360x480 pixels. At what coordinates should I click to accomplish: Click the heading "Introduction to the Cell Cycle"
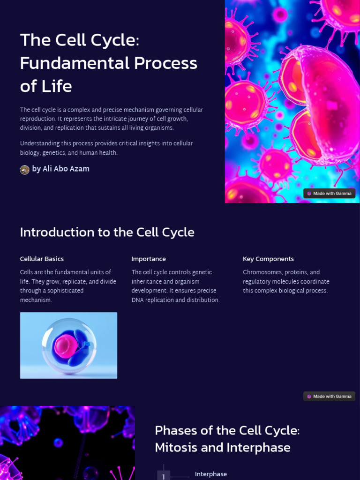107,232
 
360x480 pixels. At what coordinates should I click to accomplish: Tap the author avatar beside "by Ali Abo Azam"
25,169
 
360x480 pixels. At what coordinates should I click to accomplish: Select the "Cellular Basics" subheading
42,259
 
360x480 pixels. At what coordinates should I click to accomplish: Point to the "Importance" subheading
149,259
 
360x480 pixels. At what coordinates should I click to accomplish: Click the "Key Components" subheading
268,259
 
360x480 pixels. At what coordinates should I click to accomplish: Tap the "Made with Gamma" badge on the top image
329,193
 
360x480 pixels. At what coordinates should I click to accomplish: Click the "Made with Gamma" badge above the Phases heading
329,396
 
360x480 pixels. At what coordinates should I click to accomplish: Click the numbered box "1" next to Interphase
164,476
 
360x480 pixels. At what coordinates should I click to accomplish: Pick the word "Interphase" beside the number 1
211,474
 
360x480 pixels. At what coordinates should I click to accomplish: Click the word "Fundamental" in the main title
75,63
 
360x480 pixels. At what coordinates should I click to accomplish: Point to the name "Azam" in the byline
80,169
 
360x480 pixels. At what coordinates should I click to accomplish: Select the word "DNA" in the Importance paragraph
138,300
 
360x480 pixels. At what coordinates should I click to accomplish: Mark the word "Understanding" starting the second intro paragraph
39,143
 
